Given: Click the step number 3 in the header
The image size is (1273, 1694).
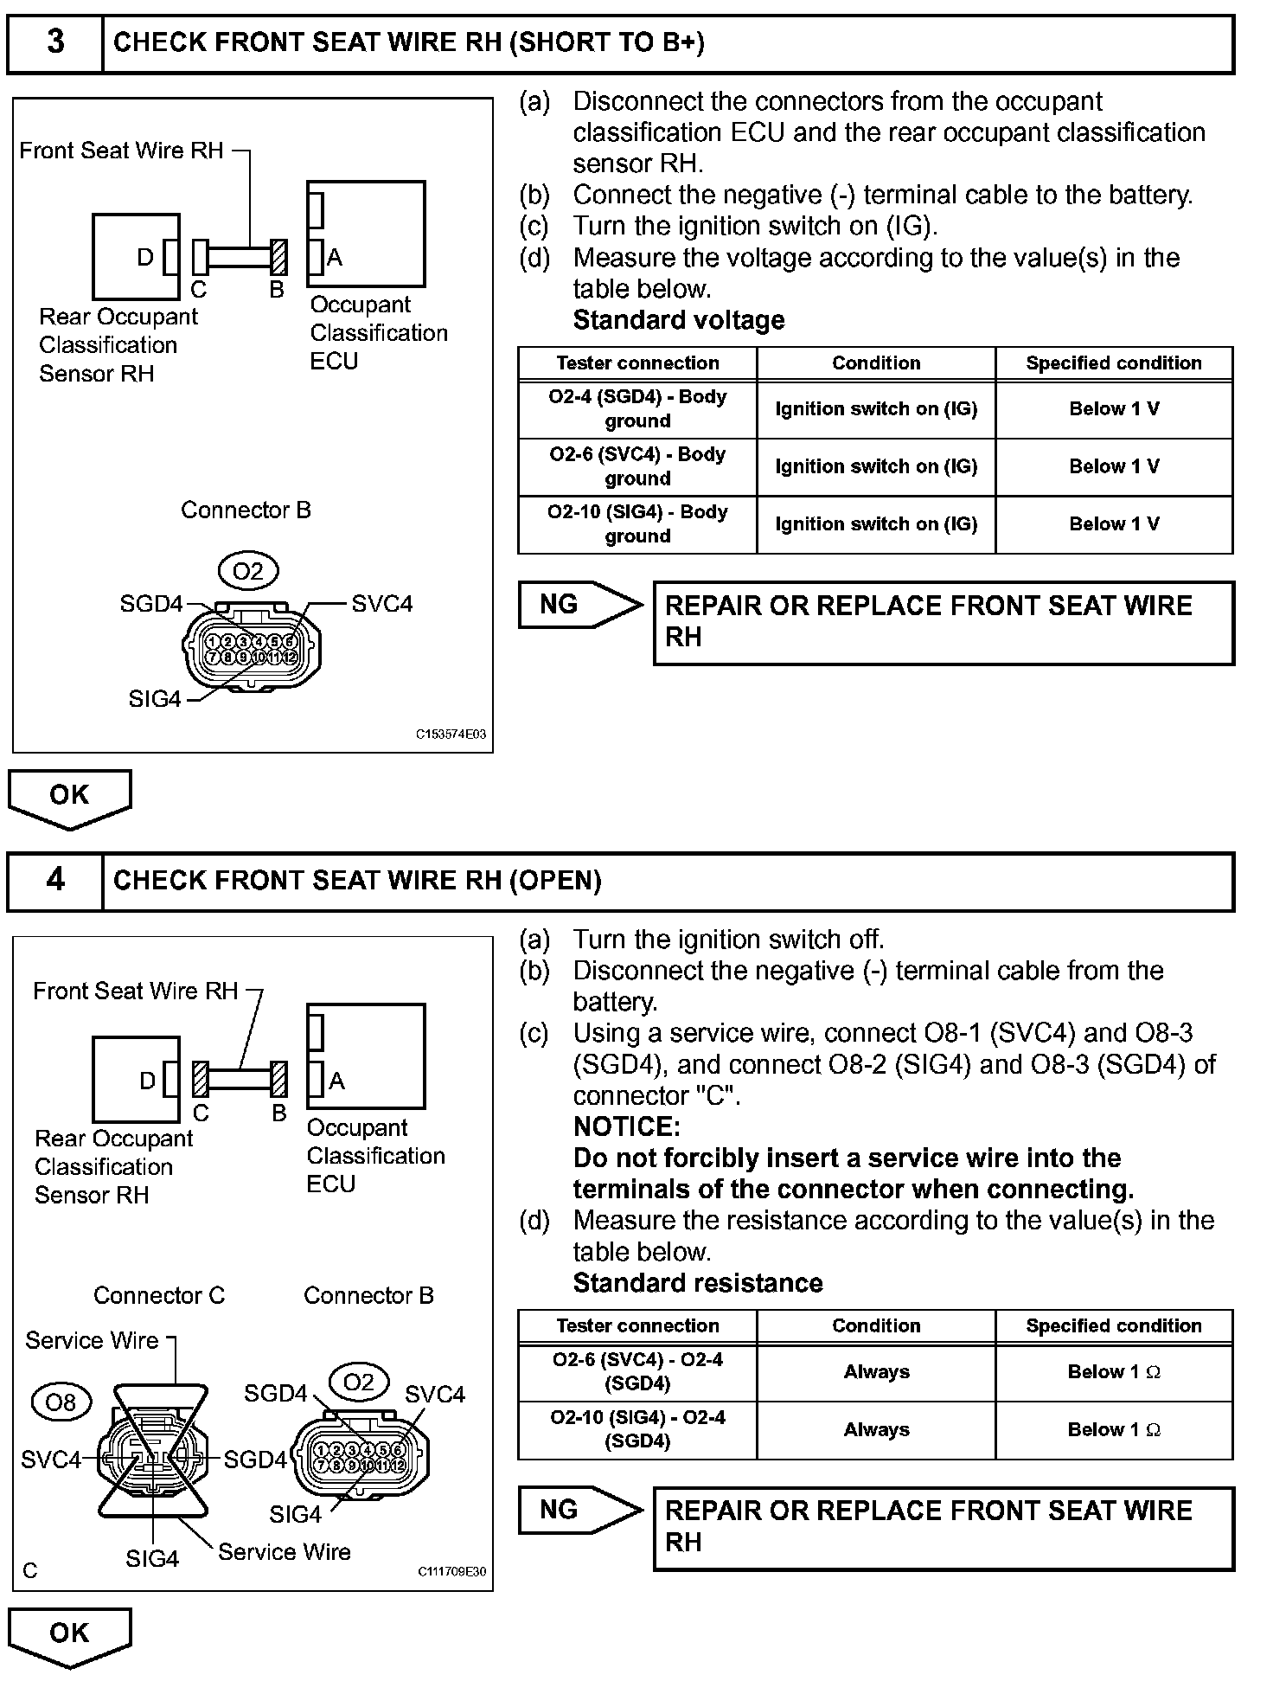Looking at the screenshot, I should click(55, 42).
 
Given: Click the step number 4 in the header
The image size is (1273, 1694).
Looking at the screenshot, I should click(55, 880).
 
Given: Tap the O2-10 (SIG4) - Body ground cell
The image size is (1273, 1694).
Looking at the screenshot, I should click(637, 524).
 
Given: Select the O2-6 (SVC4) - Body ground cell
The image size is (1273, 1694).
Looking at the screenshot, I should click(637, 466).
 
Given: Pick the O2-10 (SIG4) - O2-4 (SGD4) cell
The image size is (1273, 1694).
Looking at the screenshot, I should click(637, 1429).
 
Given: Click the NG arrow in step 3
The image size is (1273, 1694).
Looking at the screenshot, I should click(580, 605).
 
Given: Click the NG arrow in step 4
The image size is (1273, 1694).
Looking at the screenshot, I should click(580, 1510).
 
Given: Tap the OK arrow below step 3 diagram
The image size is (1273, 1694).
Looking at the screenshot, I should click(69, 797).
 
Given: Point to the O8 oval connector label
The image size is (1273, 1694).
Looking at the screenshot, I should click(61, 1402).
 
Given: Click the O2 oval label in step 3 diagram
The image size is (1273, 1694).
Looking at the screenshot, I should click(247, 572).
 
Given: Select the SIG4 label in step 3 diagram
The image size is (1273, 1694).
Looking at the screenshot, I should click(154, 699).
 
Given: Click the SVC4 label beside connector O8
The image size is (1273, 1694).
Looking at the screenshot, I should click(50, 1460).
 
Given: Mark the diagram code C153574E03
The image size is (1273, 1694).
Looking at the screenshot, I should click(451, 735).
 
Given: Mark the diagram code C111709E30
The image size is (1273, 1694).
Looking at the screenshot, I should click(451, 1572).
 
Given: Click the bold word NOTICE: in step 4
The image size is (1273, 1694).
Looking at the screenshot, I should click(626, 1126).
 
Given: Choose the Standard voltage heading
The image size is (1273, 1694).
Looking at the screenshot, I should click(679, 320).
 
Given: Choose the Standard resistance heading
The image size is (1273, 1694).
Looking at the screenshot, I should click(698, 1282).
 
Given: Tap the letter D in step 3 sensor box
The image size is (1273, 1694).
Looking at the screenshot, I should click(145, 257).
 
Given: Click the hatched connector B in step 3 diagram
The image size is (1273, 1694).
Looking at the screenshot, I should click(278, 257).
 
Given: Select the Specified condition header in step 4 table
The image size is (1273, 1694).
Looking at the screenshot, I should click(1114, 1325).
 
